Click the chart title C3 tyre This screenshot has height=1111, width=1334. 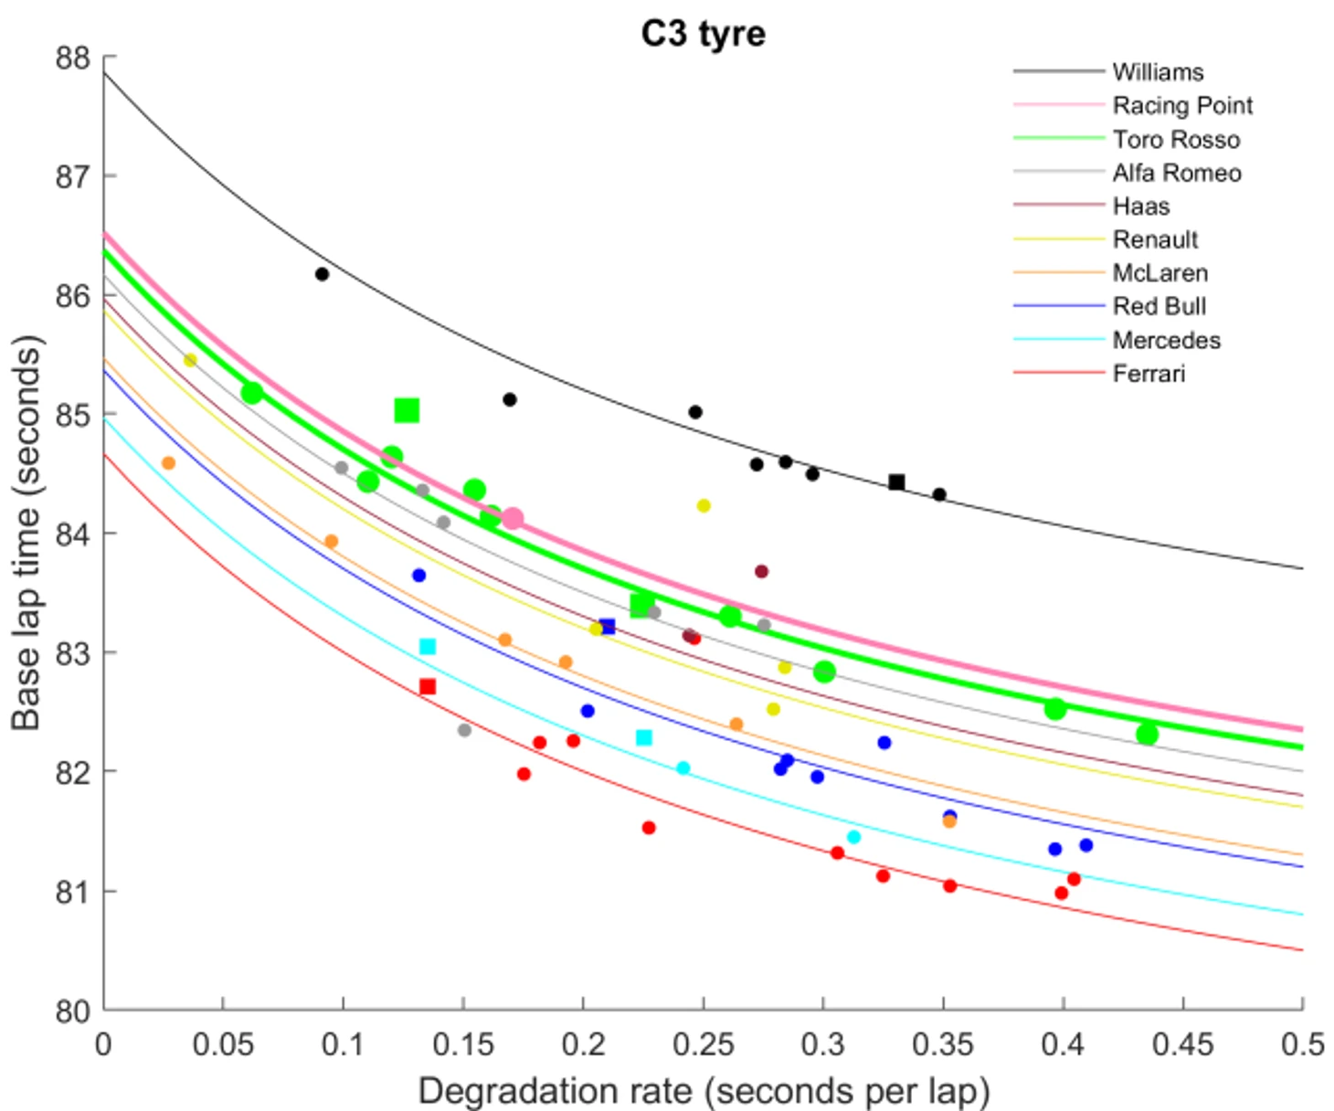point(703,34)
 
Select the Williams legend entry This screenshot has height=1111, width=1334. point(1158,72)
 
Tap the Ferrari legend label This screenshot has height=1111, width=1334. point(1149,374)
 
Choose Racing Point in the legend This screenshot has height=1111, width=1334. point(1182,106)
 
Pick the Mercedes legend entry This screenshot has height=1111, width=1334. point(1166,340)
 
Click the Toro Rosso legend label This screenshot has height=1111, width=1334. point(1176,140)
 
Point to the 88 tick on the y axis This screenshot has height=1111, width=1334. point(73,58)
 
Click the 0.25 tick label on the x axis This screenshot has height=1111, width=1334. point(703,1044)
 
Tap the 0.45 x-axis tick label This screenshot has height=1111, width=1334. point(1182,1044)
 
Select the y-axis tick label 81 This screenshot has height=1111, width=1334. point(73,891)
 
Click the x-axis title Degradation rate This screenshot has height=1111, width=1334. point(703,1091)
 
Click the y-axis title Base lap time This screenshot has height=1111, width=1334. point(27,534)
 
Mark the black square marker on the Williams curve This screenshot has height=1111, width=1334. point(896,482)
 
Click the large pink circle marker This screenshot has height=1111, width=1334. point(512,519)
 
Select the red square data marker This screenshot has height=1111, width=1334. point(427,686)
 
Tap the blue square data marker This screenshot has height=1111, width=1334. point(608,627)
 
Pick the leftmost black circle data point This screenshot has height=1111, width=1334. point(322,274)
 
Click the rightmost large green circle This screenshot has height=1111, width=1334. point(1148,734)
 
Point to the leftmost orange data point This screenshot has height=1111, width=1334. point(168,463)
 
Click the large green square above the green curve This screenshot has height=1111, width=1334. point(407,411)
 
